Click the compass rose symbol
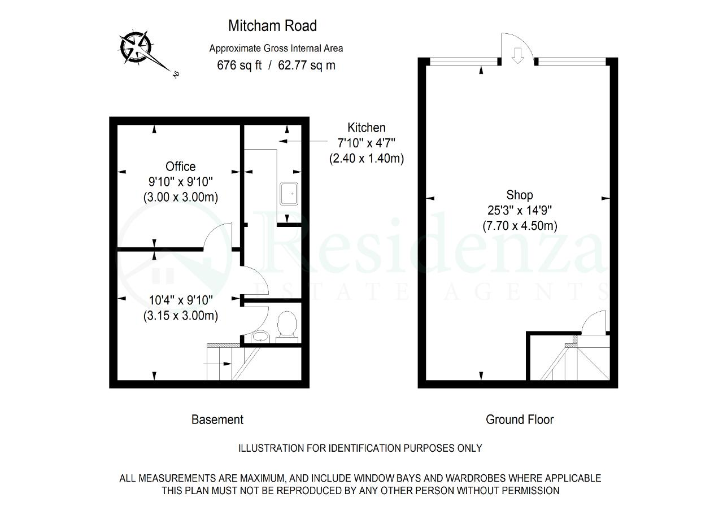pyautogui.click(x=136, y=47)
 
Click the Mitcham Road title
pyautogui.click(x=272, y=26)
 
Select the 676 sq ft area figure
pyautogui.click(x=239, y=65)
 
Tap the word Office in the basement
pyautogui.click(x=180, y=167)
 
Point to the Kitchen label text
pyautogui.click(x=367, y=128)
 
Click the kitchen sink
pyautogui.click(x=289, y=194)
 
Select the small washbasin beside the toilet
pyautogui.click(x=260, y=337)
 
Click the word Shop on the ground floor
pyautogui.click(x=519, y=195)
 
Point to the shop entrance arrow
pyautogui.click(x=518, y=56)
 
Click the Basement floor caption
pyautogui.click(x=217, y=420)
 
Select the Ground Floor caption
pyautogui.click(x=520, y=420)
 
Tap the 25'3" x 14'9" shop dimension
pyautogui.click(x=520, y=211)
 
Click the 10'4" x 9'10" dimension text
pyautogui.click(x=181, y=300)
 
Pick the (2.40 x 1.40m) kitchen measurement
pyautogui.click(x=367, y=159)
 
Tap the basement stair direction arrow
pyautogui.click(x=217, y=364)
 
